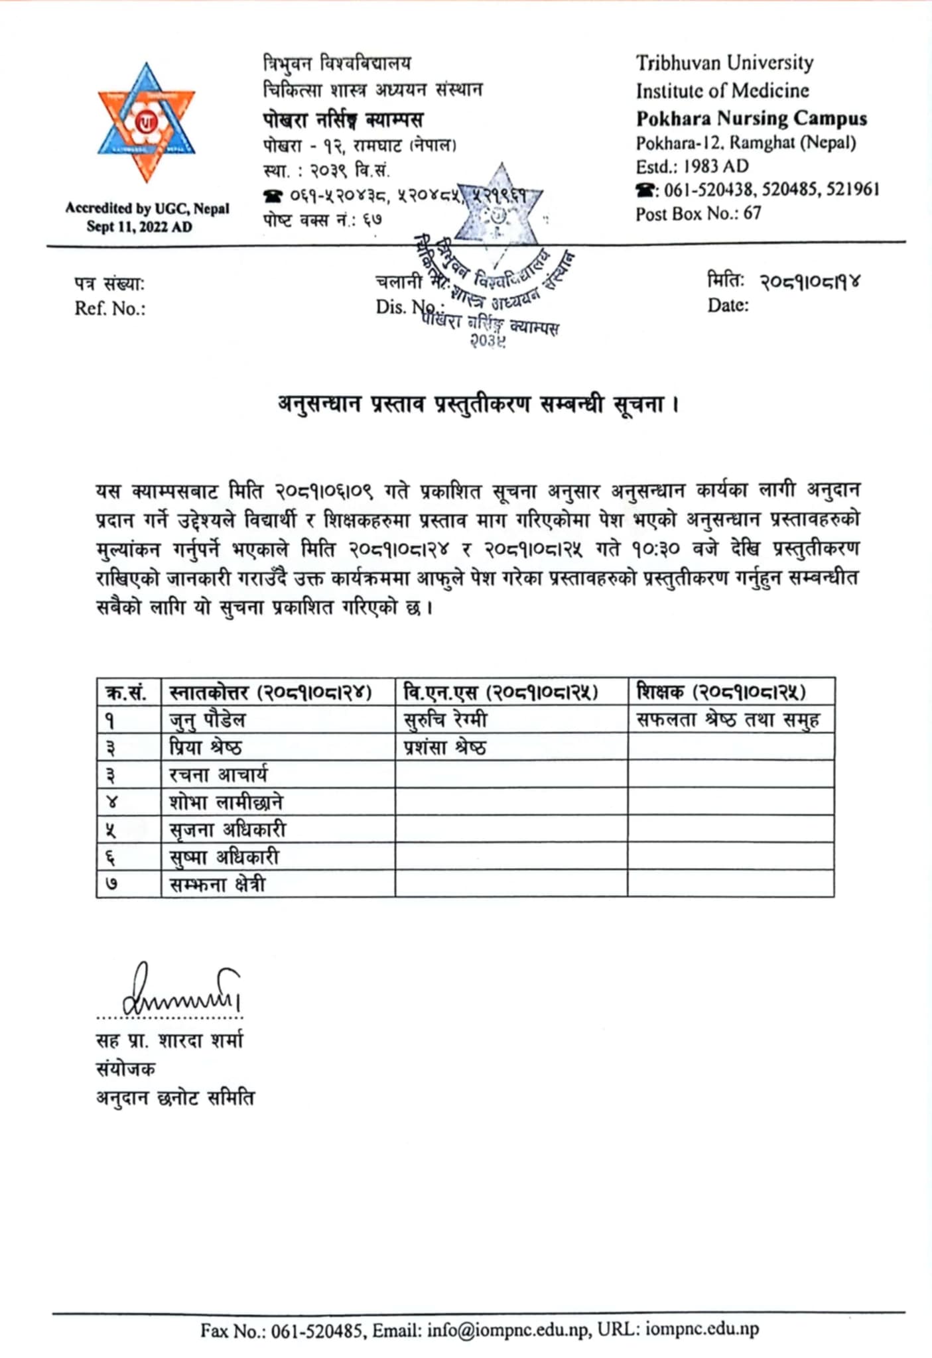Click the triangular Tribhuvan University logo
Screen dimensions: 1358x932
coord(147,123)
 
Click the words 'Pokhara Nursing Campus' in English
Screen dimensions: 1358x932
coord(751,119)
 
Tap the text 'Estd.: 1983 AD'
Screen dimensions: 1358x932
coord(692,166)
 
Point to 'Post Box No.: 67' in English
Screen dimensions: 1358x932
coord(698,214)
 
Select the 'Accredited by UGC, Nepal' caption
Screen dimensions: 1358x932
coord(147,208)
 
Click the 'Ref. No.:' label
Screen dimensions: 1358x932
coord(110,308)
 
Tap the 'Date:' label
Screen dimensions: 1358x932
coord(728,305)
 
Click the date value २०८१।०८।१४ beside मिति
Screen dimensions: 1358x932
coord(810,282)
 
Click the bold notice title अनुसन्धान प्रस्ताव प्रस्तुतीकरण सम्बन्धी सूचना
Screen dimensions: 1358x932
coord(478,404)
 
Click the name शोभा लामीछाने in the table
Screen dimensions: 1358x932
coord(226,802)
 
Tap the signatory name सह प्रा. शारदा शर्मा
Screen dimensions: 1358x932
coord(169,1040)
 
